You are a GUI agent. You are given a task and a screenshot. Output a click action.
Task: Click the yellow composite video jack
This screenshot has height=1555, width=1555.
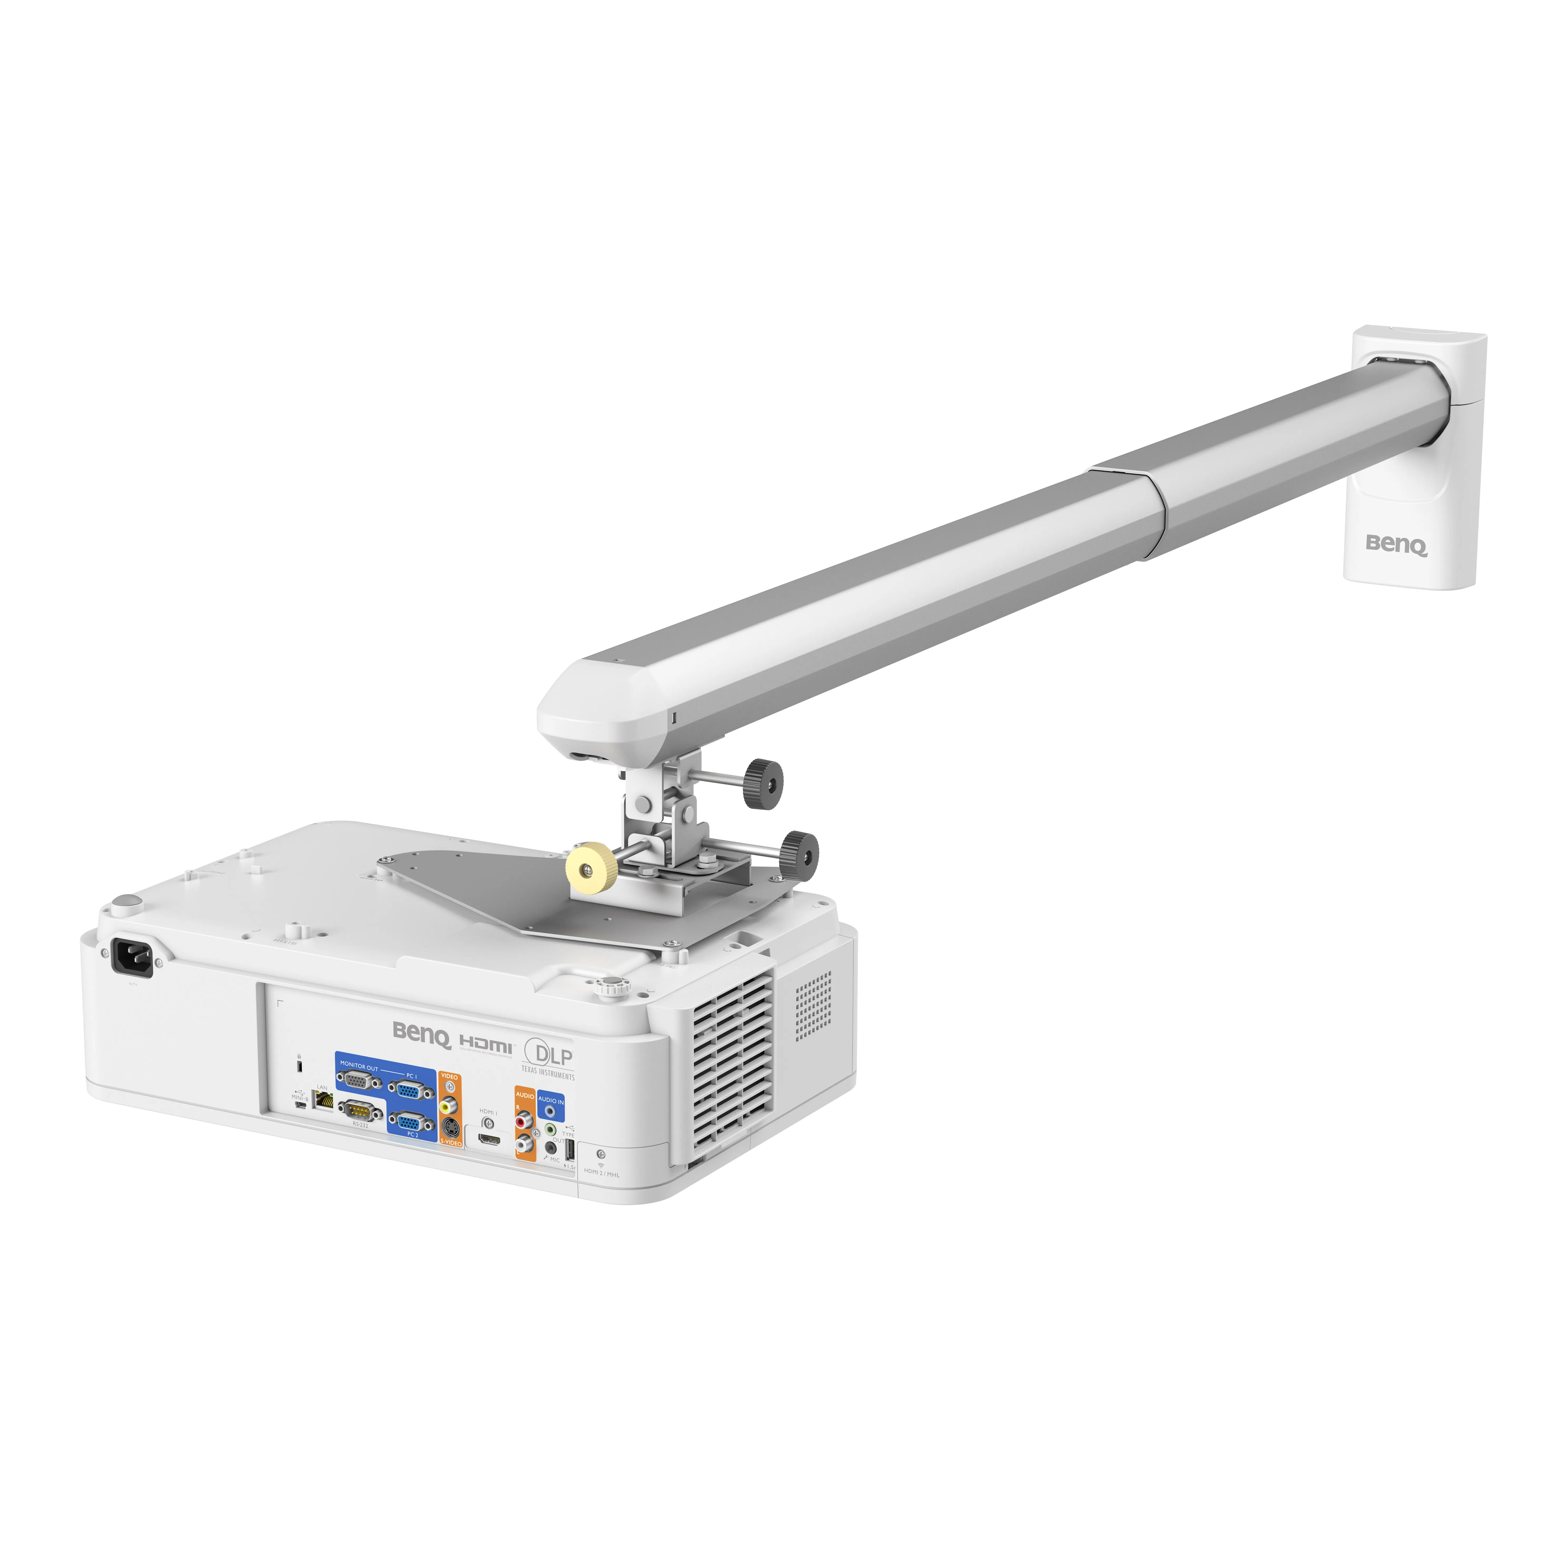[449, 1107]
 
